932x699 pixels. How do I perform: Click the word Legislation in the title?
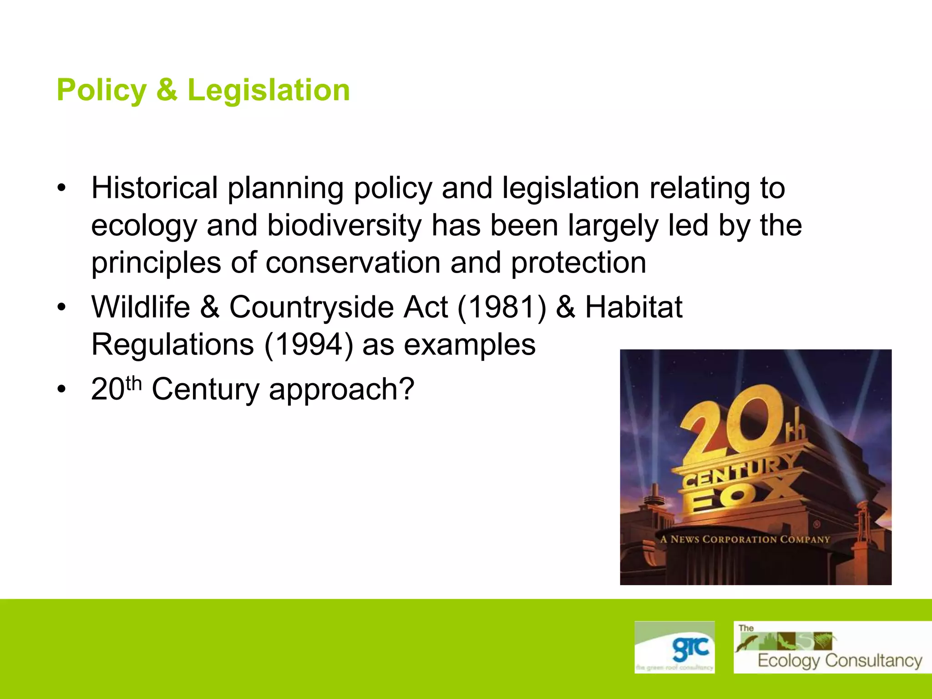[268, 90]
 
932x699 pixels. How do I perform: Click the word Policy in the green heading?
[101, 90]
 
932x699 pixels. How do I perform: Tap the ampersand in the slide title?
[167, 90]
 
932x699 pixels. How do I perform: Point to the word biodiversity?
[344, 226]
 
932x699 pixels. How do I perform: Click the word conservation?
[353, 263]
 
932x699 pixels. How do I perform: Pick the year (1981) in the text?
[501, 307]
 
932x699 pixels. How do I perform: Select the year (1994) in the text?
[309, 345]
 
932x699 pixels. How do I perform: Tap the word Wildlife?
[141, 307]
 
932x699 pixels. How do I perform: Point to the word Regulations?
[172, 345]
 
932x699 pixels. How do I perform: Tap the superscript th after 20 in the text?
[134, 383]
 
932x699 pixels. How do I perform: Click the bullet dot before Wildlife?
[61, 308]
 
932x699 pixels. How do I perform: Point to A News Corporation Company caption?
[745, 540]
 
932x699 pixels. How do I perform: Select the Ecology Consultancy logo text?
[840, 660]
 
